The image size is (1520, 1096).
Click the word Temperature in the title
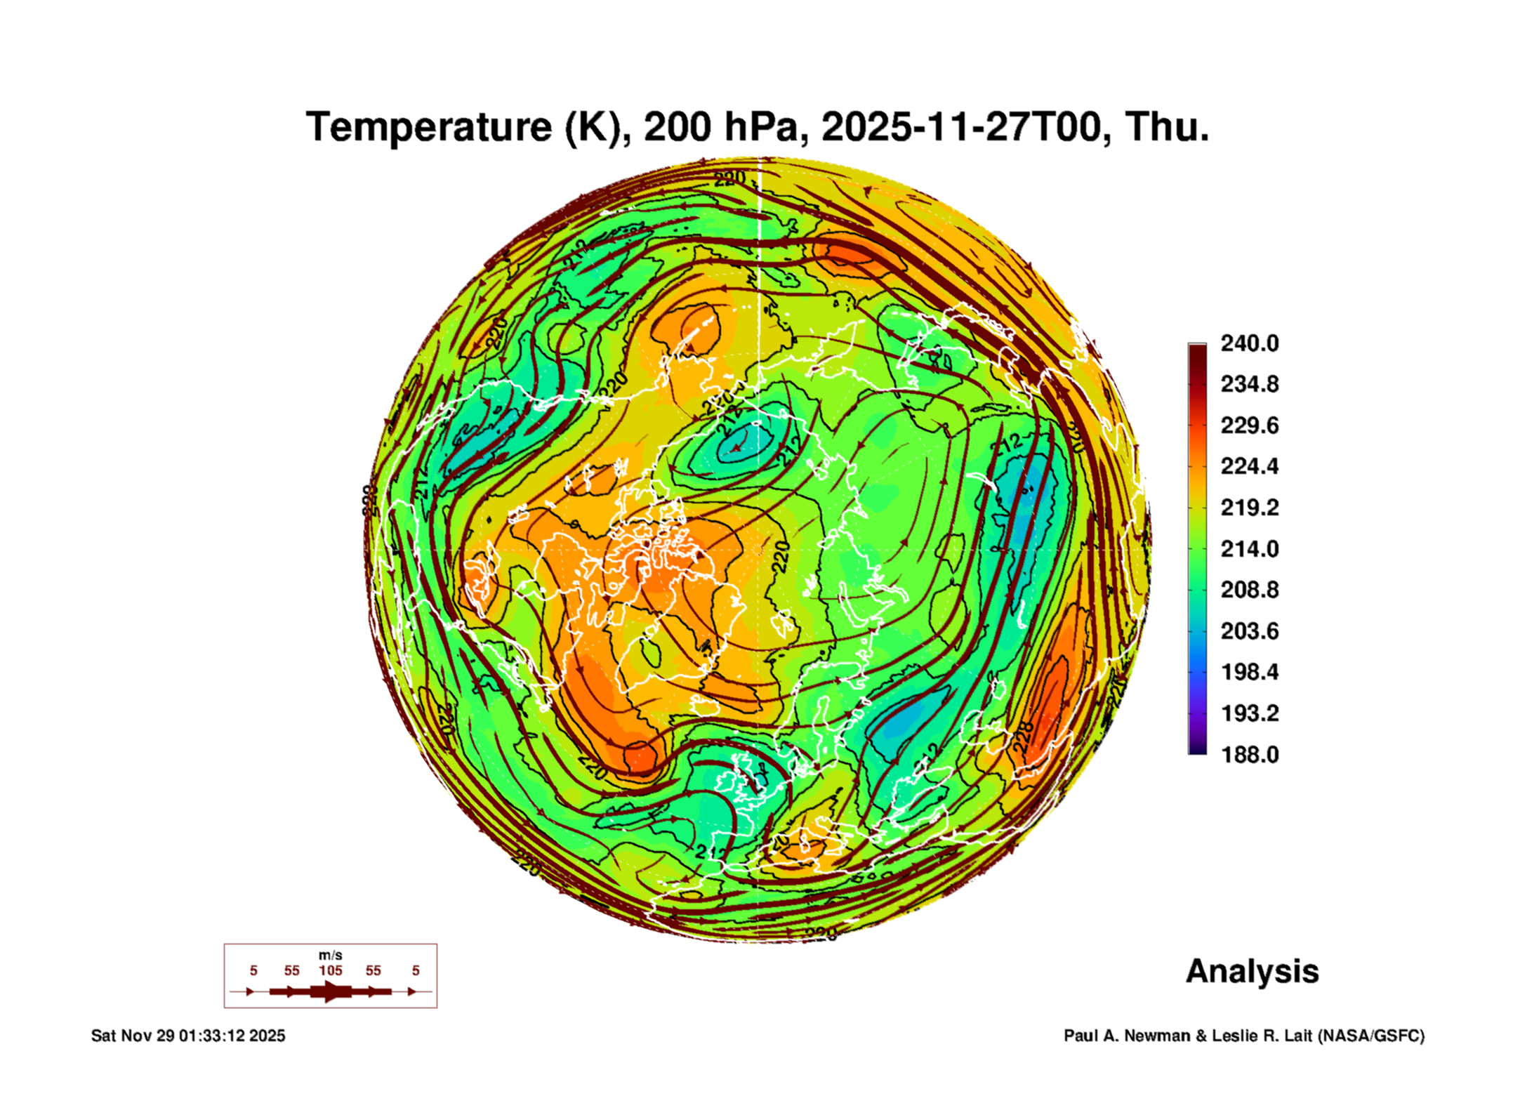[429, 128]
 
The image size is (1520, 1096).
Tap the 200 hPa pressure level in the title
[721, 128]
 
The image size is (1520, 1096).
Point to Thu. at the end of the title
[1167, 128]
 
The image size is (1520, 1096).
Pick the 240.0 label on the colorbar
[1250, 343]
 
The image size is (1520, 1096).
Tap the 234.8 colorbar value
[1250, 384]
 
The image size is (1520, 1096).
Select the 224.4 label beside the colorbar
[1250, 466]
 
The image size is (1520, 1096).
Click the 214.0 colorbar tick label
[1250, 548]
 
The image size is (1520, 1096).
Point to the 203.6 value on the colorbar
[1250, 630]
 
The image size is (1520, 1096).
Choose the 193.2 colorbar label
[1250, 713]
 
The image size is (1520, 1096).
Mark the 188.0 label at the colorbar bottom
[1250, 754]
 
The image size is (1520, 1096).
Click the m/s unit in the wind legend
[331, 955]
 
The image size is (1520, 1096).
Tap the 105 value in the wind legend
[331, 970]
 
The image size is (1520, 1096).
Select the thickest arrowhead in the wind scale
[331, 991]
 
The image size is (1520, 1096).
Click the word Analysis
[1252, 971]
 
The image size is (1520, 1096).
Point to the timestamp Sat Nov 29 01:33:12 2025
[188, 1036]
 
